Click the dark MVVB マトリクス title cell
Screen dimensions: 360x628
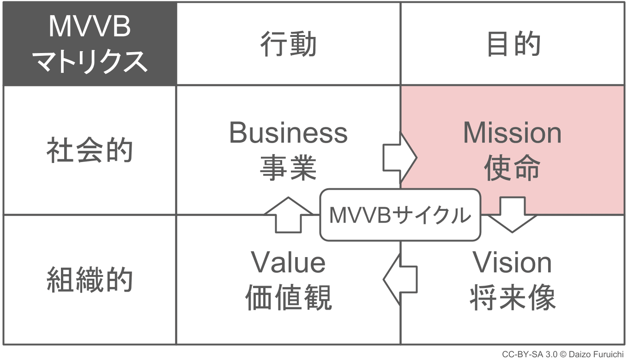click(x=90, y=44)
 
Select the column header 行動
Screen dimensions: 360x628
click(x=288, y=45)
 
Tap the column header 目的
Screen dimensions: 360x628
click(x=513, y=45)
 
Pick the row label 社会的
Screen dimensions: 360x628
click(x=90, y=150)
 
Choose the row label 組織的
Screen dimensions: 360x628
click(x=90, y=280)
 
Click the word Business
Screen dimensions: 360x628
click(x=288, y=133)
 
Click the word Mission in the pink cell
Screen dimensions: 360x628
click(x=513, y=133)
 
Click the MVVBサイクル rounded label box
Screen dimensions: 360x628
click(x=400, y=215)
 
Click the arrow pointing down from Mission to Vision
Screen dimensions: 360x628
click(x=513, y=214)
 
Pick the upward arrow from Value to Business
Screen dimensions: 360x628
click(x=288, y=214)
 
